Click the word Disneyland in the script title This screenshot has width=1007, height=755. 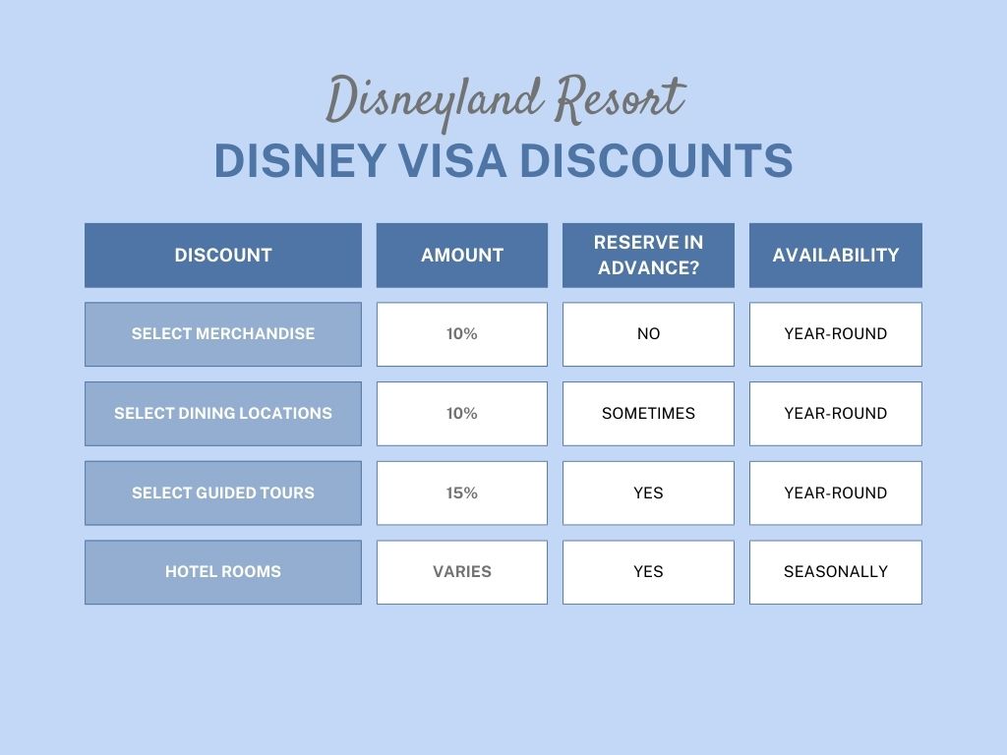[x=432, y=102]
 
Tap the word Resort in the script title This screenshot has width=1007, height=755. [x=622, y=99]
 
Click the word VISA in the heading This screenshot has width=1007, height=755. [x=452, y=160]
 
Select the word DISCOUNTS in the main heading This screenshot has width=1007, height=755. [x=656, y=160]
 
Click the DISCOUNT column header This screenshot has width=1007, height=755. [x=223, y=255]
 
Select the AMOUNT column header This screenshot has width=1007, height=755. [x=462, y=255]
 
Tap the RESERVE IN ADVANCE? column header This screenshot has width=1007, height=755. [x=648, y=255]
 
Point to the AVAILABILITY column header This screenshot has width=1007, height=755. [x=836, y=255]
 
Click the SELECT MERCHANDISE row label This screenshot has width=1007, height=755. [x=223, y=334]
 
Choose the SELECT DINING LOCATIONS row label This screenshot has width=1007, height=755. [x=223, y=414]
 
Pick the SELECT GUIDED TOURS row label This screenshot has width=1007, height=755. [x=223, y=494]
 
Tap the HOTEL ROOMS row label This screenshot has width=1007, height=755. [x=223, y=572]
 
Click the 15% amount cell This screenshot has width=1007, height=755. [x=462, y=494]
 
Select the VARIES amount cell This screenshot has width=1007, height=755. [x=462, y=572]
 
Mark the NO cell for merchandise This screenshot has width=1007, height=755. [x=648, y=334]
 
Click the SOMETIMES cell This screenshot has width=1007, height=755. [x=648, y=414]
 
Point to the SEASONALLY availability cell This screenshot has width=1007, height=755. [x=836, y=572]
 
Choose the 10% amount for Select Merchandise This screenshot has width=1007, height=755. [x=462, y=334]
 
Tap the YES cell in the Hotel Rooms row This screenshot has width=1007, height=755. [x=648, y=572]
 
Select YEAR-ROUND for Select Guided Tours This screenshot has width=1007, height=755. [x=836, y=494]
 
